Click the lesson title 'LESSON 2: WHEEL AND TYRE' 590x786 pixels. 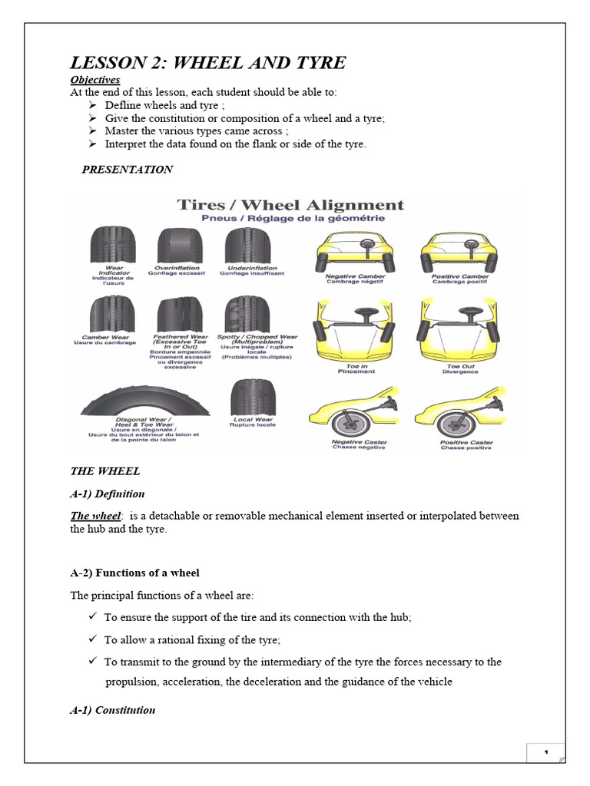click(x=208, y=62)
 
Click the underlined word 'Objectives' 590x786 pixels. click(x=95, y=80)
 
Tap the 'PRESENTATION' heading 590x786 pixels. click(x=128, y=170)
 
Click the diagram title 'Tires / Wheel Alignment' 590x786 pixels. click(x=290, y=205)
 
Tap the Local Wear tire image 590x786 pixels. click(x=252, y=397)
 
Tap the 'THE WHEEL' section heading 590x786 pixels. click(x=104, y=471)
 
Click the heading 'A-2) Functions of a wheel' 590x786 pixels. click(x=134, y=573)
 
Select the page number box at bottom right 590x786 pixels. click(x=545, y=752)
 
